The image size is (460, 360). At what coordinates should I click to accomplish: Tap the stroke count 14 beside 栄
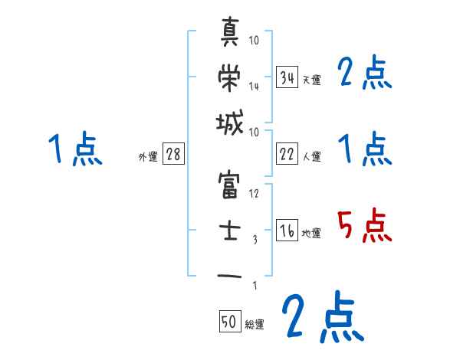click(254, 87)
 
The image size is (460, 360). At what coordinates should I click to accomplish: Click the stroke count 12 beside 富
click(254, 193)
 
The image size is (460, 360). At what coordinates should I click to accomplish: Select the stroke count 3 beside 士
click(255, 239)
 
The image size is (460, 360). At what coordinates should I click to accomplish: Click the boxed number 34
click(287, 77)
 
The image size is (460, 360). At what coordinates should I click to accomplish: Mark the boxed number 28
click(173, 155)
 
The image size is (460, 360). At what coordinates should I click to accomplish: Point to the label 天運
click(311, 80)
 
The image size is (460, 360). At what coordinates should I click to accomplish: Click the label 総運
click(255, 325)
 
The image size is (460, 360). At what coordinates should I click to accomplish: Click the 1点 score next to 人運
click(365, 149)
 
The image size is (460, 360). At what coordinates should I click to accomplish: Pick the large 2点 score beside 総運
click(321, 318)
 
